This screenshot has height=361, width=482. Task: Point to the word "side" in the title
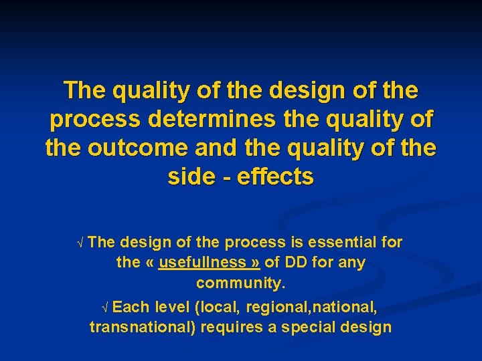[192, 177]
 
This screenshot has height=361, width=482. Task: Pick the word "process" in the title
[90, 120]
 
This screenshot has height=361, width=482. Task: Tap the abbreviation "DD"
[295, 263]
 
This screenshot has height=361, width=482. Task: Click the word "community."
[241, 283]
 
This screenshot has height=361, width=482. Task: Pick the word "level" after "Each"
[172, 308]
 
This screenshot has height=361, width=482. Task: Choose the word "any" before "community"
[352, 263]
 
